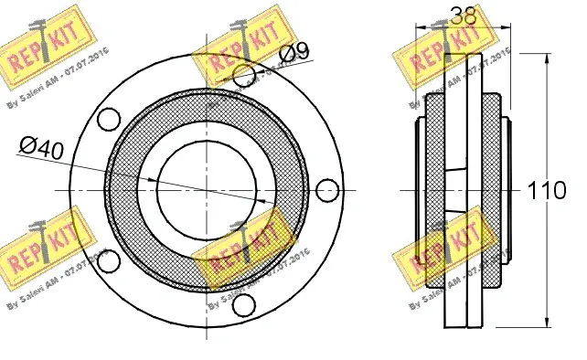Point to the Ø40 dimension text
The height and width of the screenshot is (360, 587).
point(40,147)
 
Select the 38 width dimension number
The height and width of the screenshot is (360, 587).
point(464,15)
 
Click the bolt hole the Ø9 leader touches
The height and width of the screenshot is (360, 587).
point(244,76)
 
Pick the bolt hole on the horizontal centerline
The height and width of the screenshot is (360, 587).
point(326,190)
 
